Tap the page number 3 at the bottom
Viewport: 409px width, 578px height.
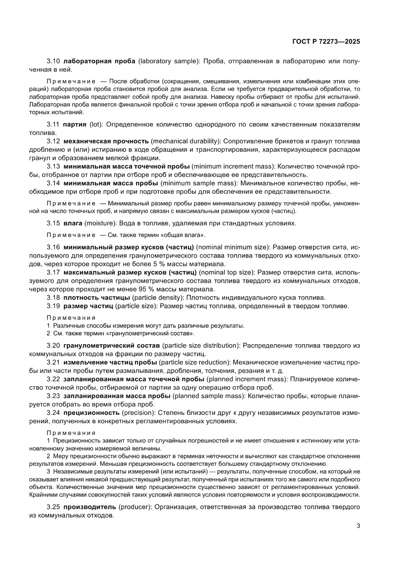tap(358, 526)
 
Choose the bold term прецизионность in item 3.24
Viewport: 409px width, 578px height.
tap(92, 412)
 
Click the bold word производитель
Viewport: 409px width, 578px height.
tap(90, 507)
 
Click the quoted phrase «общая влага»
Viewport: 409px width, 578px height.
tap(184, 234)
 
